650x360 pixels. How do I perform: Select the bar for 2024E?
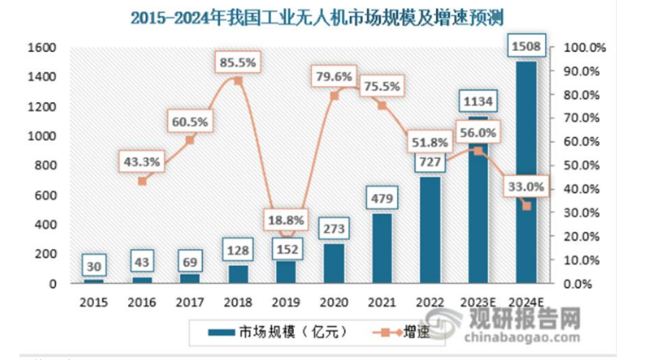click(526, 172)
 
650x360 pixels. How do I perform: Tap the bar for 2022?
click(430, 230)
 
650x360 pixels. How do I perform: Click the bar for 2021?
click(382, 248)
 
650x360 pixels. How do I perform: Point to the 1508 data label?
click(526, 49)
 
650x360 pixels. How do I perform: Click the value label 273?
click(334, 229)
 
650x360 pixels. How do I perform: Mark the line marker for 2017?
click(190, 140)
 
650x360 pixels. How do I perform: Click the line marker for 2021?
click(382, 105)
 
